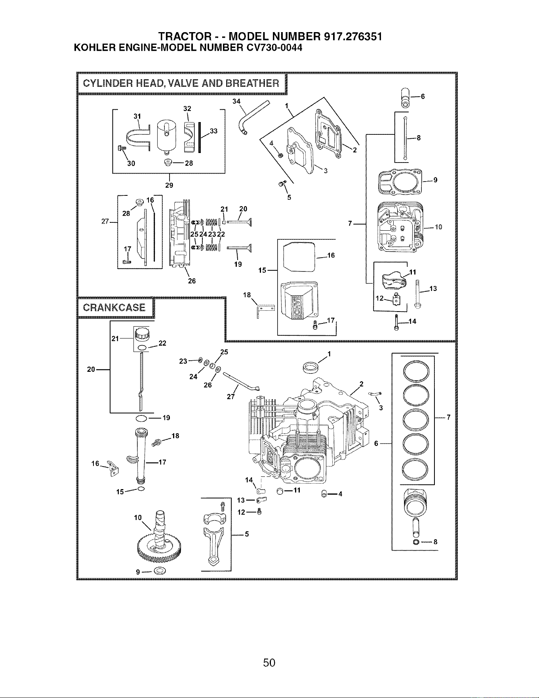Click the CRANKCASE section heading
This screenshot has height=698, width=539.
coord(114,308)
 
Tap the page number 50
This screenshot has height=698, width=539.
coord(269,662)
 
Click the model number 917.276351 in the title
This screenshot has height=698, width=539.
coord(353,37)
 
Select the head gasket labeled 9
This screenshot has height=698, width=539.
coord(400,182)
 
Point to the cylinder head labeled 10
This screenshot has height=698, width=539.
coord(400,226)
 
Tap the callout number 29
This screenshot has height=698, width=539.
coord(169,185)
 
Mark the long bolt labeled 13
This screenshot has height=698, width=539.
coord(417,293)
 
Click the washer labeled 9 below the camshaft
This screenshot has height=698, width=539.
coord(160,571)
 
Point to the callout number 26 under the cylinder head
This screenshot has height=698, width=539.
coord(192,281)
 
